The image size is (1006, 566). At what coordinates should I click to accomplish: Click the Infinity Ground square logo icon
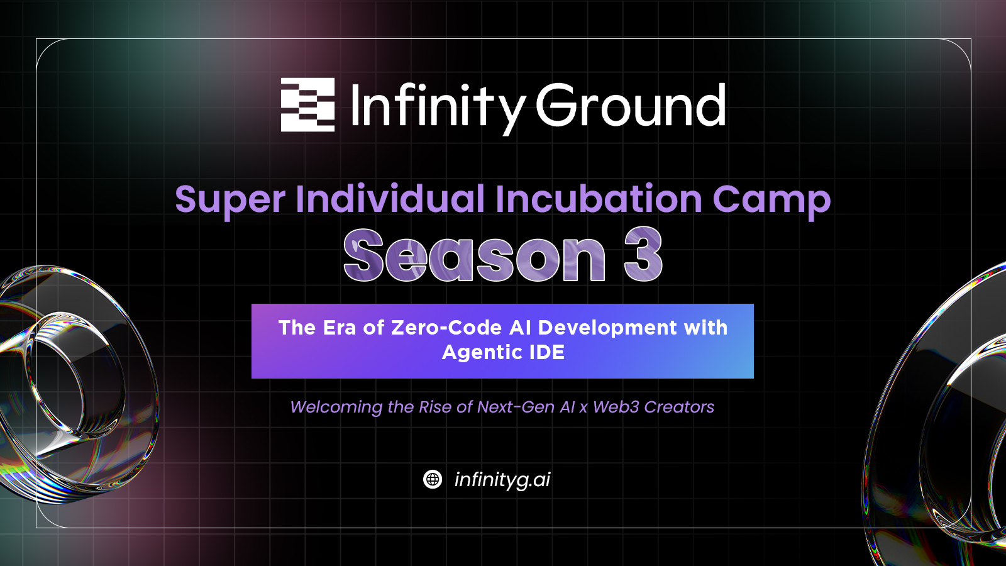click(x=307, y=104)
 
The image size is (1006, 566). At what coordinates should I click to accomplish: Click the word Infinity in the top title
click(x=437, y=108)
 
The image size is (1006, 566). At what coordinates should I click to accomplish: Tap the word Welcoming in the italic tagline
click(x=336, y=408)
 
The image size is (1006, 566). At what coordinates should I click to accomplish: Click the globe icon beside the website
click(x=433, y=479)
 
